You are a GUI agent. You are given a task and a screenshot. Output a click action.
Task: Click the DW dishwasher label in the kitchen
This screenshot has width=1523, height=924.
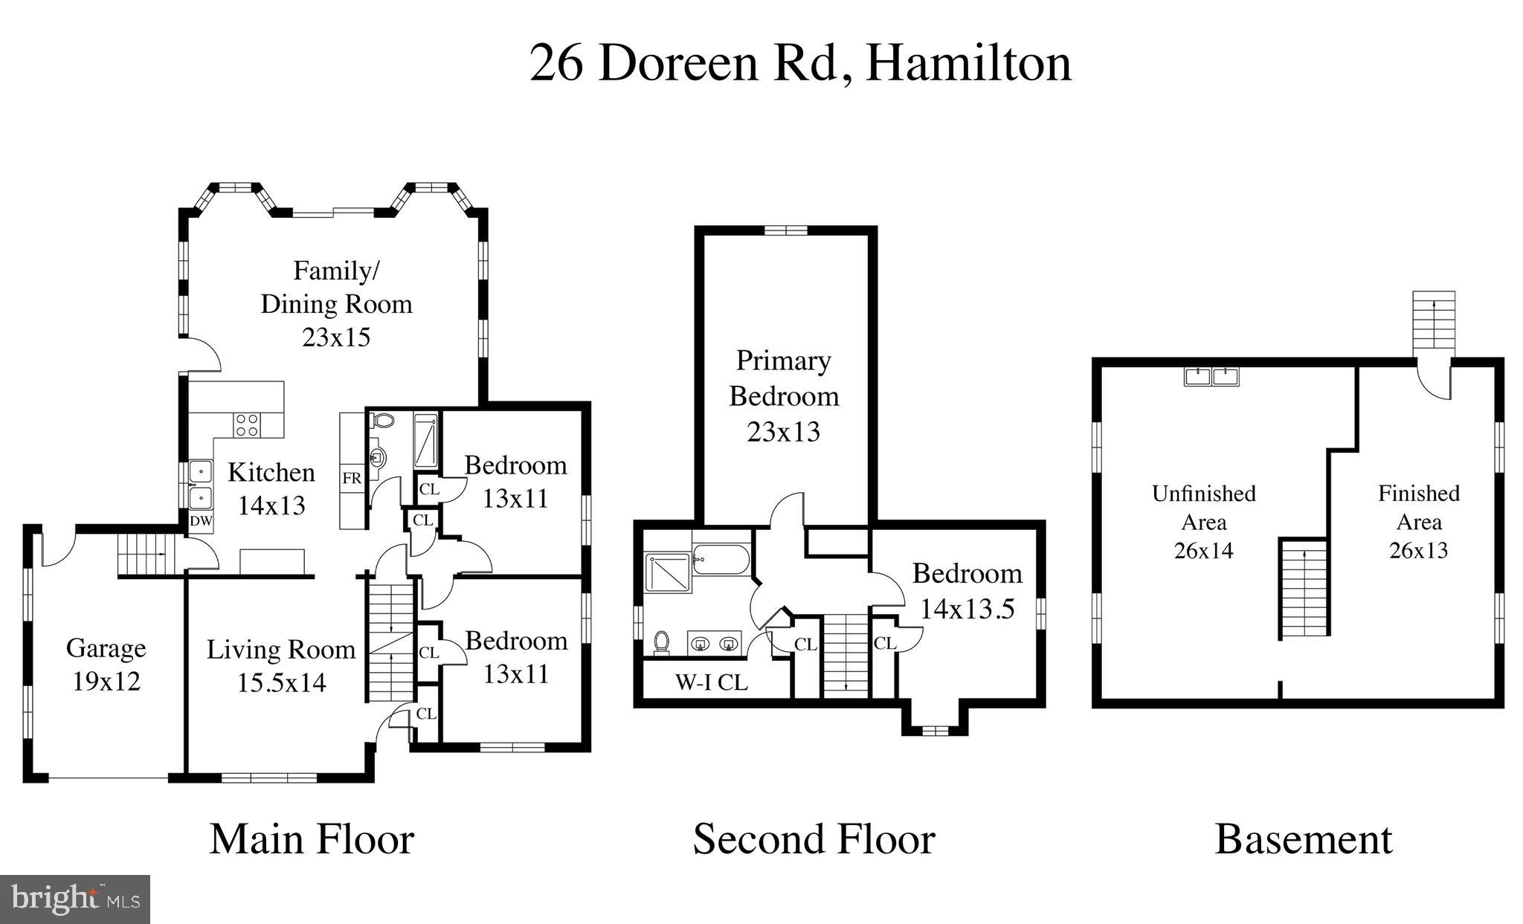(x=201, y=521)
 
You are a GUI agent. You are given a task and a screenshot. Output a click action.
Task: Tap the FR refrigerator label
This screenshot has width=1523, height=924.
(x=352, y=478)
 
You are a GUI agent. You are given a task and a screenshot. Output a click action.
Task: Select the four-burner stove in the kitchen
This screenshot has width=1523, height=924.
(x=248, y=424)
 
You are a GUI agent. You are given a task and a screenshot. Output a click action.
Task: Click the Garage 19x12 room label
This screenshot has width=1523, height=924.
(x=106, y=664)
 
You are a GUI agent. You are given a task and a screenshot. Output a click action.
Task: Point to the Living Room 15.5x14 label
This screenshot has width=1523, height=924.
(x=281, y=665)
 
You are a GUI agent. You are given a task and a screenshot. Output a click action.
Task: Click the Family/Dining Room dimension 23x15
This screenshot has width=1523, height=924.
(x=336, y=337)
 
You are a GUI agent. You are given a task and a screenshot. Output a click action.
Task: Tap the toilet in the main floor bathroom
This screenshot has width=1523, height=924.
(x=383, y=421)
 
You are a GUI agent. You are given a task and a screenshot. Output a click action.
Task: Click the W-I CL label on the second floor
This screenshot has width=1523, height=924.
(x=711, y=682)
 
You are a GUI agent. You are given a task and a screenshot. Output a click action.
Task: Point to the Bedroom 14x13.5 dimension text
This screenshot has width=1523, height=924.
(x=967, y=610)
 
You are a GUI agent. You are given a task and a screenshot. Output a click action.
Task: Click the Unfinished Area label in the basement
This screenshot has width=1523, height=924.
(x=1203, y=508)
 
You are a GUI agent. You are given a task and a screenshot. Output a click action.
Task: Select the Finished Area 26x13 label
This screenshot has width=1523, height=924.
(x=1418, y=521)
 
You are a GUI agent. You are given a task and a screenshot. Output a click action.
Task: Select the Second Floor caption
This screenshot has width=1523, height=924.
(x=814, y=839)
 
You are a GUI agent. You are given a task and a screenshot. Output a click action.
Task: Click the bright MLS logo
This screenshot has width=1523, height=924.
(x=75, y=899)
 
